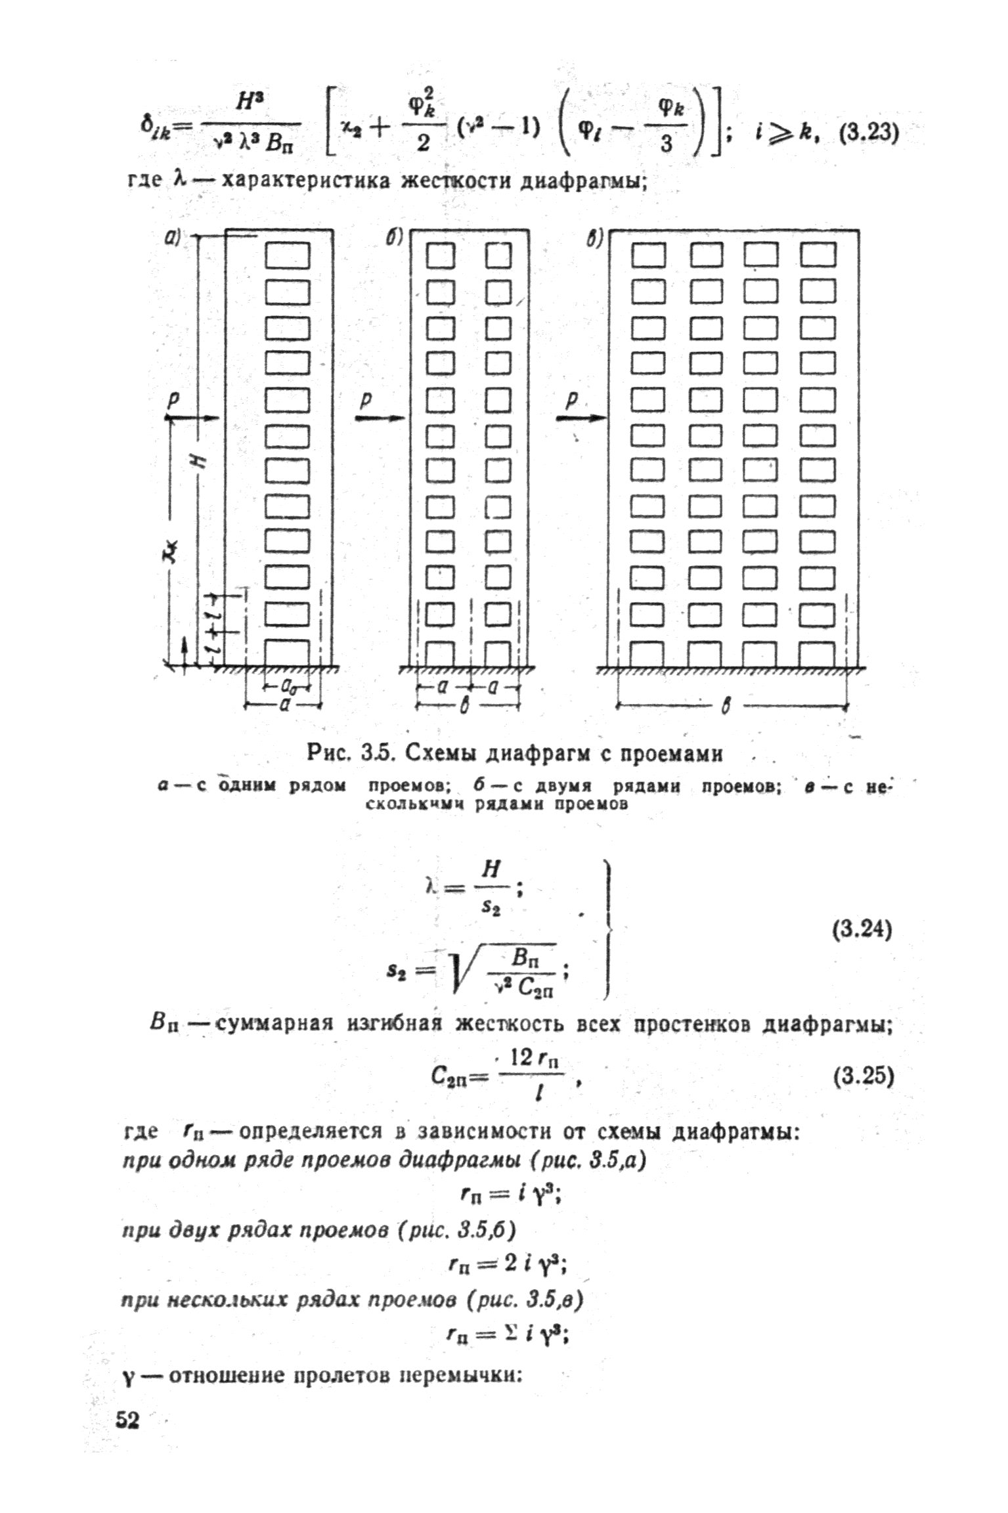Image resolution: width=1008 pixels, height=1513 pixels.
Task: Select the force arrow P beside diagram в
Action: [581, 417]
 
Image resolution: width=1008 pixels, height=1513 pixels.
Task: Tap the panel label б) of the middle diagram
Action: [393, 238]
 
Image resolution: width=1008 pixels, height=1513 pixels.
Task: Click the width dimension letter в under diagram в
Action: [726, 707]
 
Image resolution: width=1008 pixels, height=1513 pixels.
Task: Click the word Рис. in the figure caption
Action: [330, 754]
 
